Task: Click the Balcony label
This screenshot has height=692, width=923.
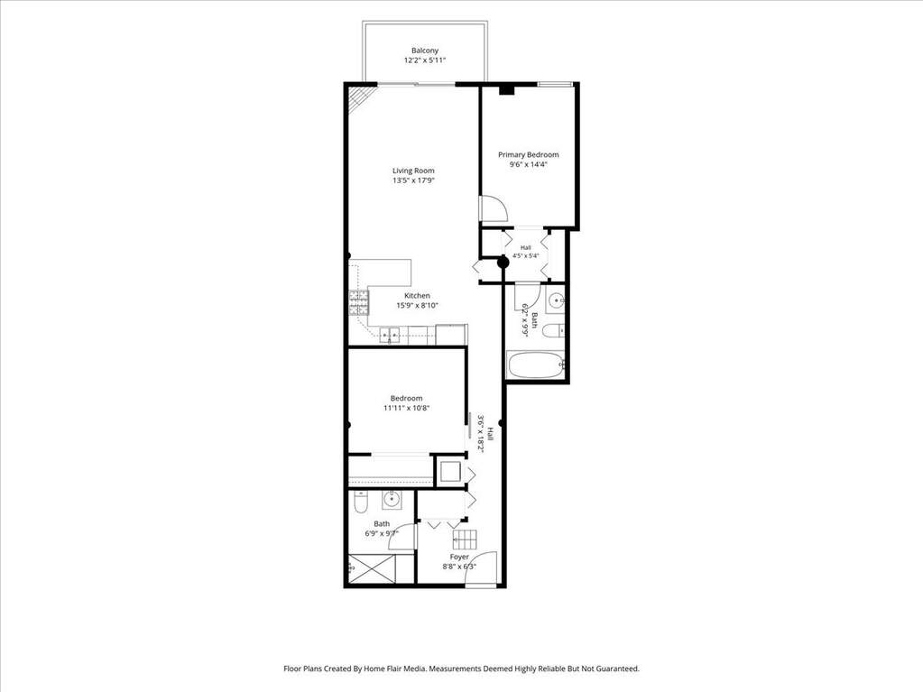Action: (x=424, y=51)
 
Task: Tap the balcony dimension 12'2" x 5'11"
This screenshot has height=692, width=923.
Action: (x=424, y=60)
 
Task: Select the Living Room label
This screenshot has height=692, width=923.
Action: (x=413, y=171)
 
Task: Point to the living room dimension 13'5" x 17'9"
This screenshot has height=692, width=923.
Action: (x=413, y=180)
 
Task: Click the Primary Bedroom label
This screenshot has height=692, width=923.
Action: (x=529, y=155)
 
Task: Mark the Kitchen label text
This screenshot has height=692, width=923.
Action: (x=417, y=295)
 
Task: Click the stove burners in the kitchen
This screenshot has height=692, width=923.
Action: (x=358, y=303)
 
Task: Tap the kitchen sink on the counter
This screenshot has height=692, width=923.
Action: (x=389, y=336)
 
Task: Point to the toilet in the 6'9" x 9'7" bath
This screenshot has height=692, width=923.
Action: (x=360, y=503)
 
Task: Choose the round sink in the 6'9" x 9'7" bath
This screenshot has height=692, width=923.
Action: (x=391, y=500)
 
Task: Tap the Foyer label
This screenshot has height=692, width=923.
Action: (x=459, y=557)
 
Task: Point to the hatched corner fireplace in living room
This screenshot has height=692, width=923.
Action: (x=358, y=97)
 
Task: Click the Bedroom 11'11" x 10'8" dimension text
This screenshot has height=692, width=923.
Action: (x=406, y=408)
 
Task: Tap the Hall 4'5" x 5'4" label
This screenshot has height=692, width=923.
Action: (x=526, y=252)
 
